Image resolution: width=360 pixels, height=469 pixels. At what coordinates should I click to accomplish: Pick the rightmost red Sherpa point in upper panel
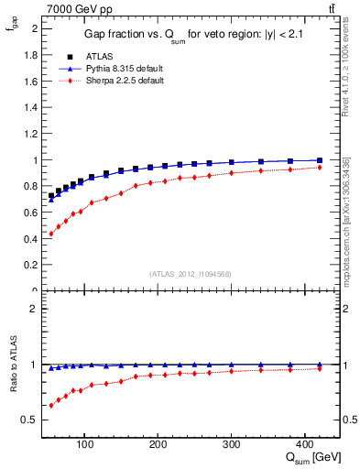click(319, 167)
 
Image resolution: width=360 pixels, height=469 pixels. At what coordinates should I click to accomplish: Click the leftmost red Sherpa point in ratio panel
click(51, 405)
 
